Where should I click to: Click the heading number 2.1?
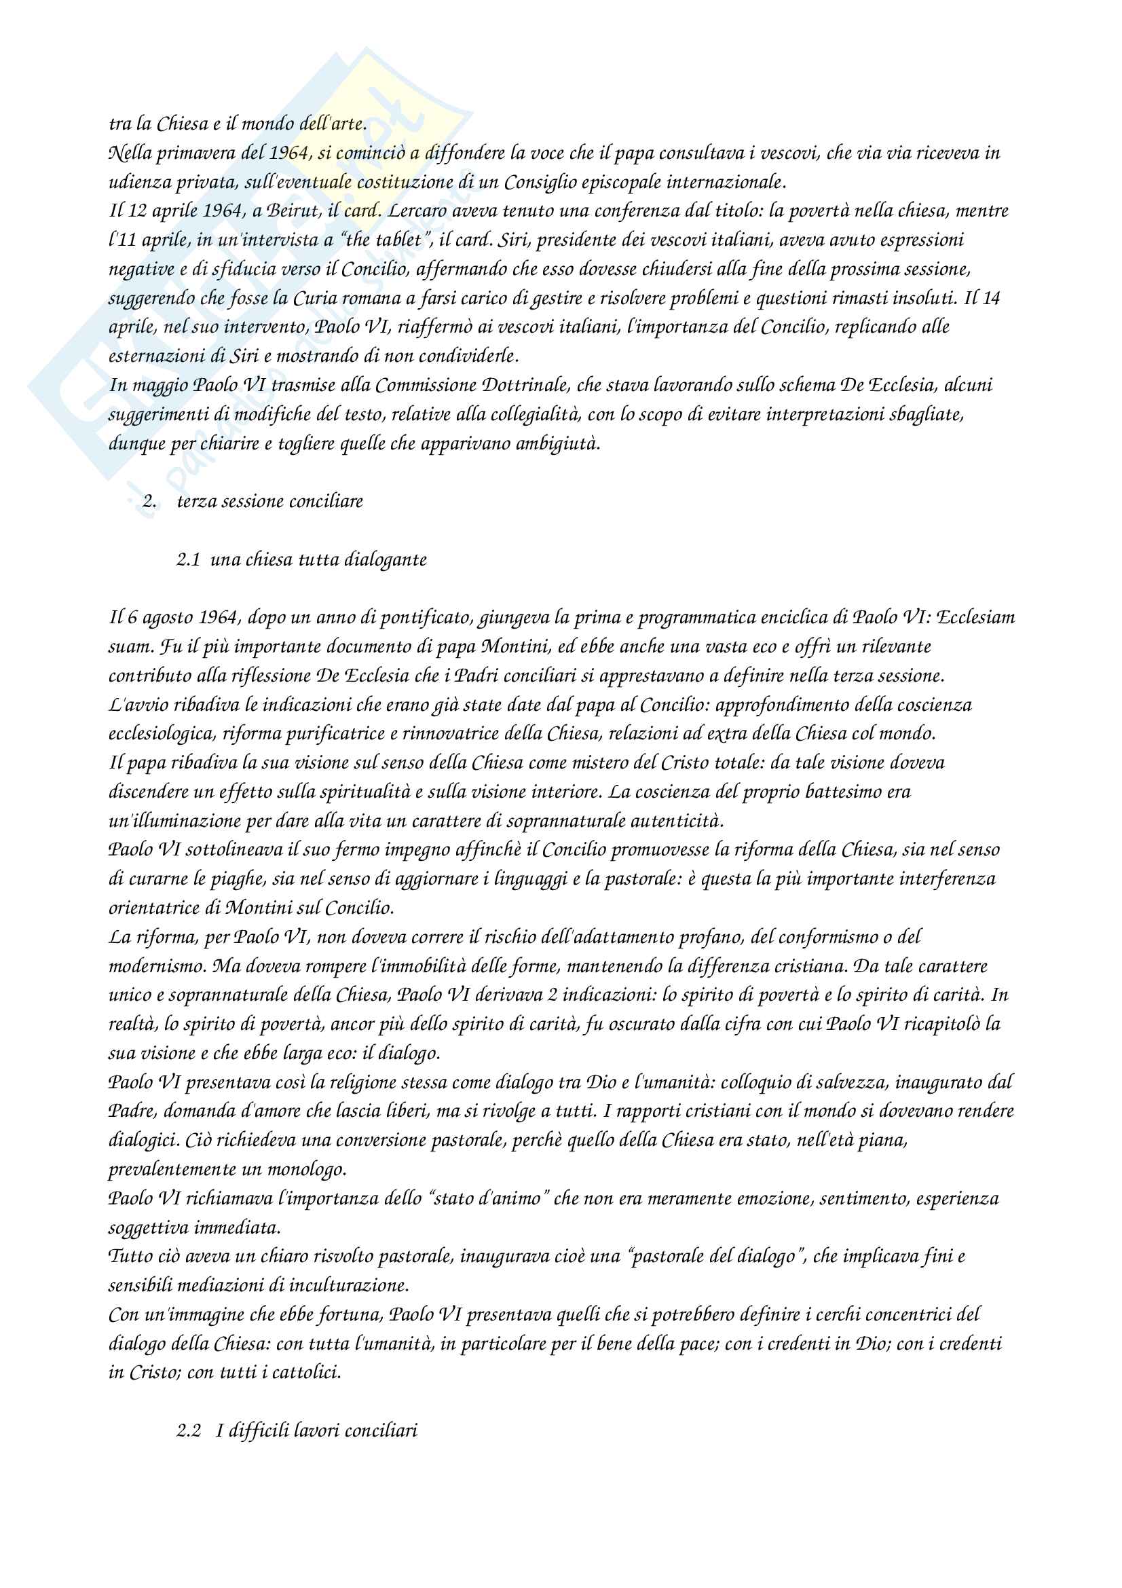(x=188, y=559)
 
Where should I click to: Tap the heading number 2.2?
(x=188, y=1431)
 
